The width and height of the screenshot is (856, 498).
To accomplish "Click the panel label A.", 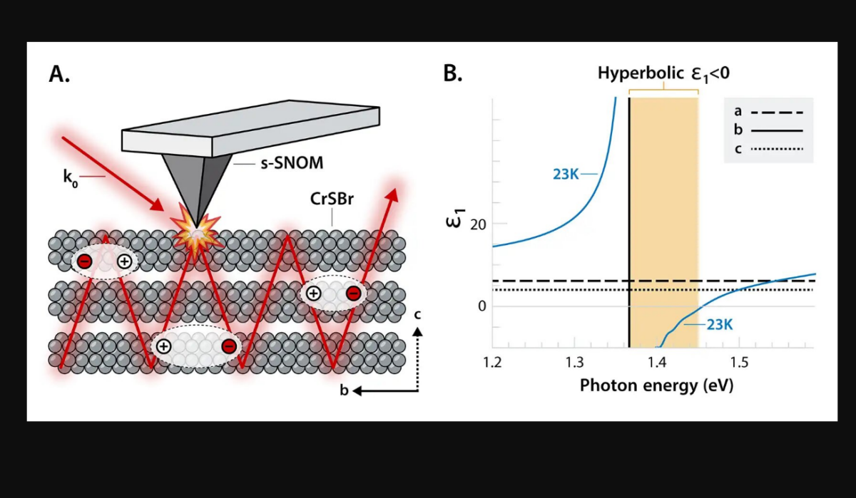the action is click(x=60, y=73).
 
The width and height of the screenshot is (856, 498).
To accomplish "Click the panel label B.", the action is click(x=453, y=73).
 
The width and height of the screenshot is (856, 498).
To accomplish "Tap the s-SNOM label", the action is click(x=292, y=163).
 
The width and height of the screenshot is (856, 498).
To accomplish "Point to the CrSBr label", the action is click(x=332, y=199).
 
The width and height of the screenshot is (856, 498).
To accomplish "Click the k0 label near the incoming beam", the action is click(x=71, y=178).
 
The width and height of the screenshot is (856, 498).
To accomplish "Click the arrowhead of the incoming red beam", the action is click(x=156, y=204).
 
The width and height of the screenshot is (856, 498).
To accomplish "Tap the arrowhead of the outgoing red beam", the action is click(x=392, y=194).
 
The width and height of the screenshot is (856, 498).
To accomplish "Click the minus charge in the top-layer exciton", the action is click(x=84, y=261).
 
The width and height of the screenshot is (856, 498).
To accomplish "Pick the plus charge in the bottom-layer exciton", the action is click(x=163, y=346).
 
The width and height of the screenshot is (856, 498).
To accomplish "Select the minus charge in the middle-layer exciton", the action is click(x=354, y=294).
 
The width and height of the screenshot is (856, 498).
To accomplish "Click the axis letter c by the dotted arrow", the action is click(x=417, y=315).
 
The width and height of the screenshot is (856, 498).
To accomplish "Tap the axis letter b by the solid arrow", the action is click(x=344, y=390).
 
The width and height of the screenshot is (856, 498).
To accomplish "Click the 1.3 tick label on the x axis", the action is click(x=574, y=362).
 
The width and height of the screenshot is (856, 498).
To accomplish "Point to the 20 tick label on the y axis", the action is click(x=478, y=224).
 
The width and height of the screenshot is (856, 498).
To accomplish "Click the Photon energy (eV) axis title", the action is click(x=656, y=386).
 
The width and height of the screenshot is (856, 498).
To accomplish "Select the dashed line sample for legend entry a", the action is click(x=777, y=113).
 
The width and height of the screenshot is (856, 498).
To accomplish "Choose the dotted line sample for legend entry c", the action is click(x=777, y=149).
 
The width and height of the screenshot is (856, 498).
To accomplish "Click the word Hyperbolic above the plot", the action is click(x=641, y=73).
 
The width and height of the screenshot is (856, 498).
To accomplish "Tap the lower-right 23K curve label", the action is click(x=720, y=325).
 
